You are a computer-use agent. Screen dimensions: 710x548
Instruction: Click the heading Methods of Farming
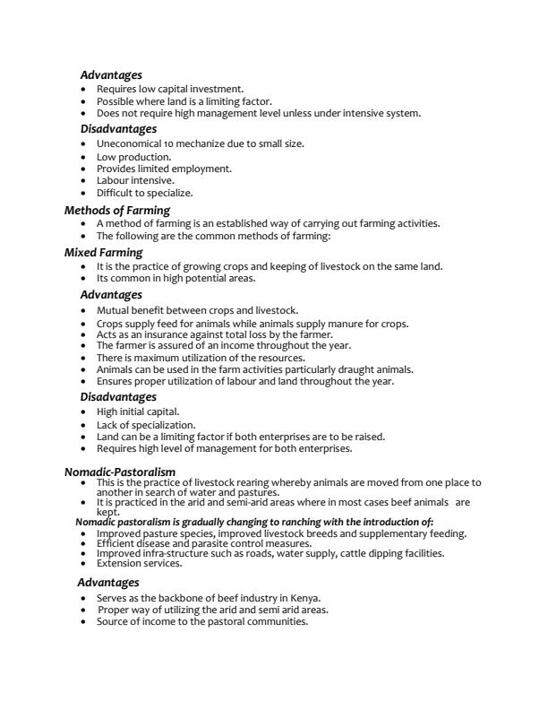coord(117,211)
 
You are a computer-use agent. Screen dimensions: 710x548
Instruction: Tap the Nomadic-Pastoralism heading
coord(120,472)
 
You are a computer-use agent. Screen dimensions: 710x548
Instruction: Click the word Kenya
coord(302,598)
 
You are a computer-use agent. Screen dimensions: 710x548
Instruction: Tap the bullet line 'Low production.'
coord(133,157)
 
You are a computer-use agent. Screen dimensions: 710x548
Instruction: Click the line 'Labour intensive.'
coord(135,180)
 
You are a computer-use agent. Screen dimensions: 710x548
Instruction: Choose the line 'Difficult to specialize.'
coord(144,192)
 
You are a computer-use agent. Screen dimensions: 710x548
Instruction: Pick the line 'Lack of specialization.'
coord(145,425)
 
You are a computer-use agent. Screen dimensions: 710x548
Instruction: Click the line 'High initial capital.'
coord(138,411)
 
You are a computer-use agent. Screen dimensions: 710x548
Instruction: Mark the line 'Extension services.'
coord(139,563)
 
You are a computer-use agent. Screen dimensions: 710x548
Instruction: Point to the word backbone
coord(181,598)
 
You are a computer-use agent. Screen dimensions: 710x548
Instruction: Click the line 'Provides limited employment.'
coord(164,169)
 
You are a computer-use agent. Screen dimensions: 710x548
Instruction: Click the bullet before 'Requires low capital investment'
coord(84,90)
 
